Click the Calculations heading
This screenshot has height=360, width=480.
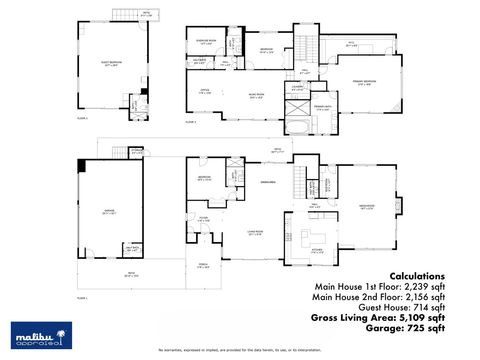coord(417,275)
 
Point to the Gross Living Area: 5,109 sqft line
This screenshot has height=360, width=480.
coord(378,317)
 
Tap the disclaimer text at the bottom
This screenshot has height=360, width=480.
coord(240,351)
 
